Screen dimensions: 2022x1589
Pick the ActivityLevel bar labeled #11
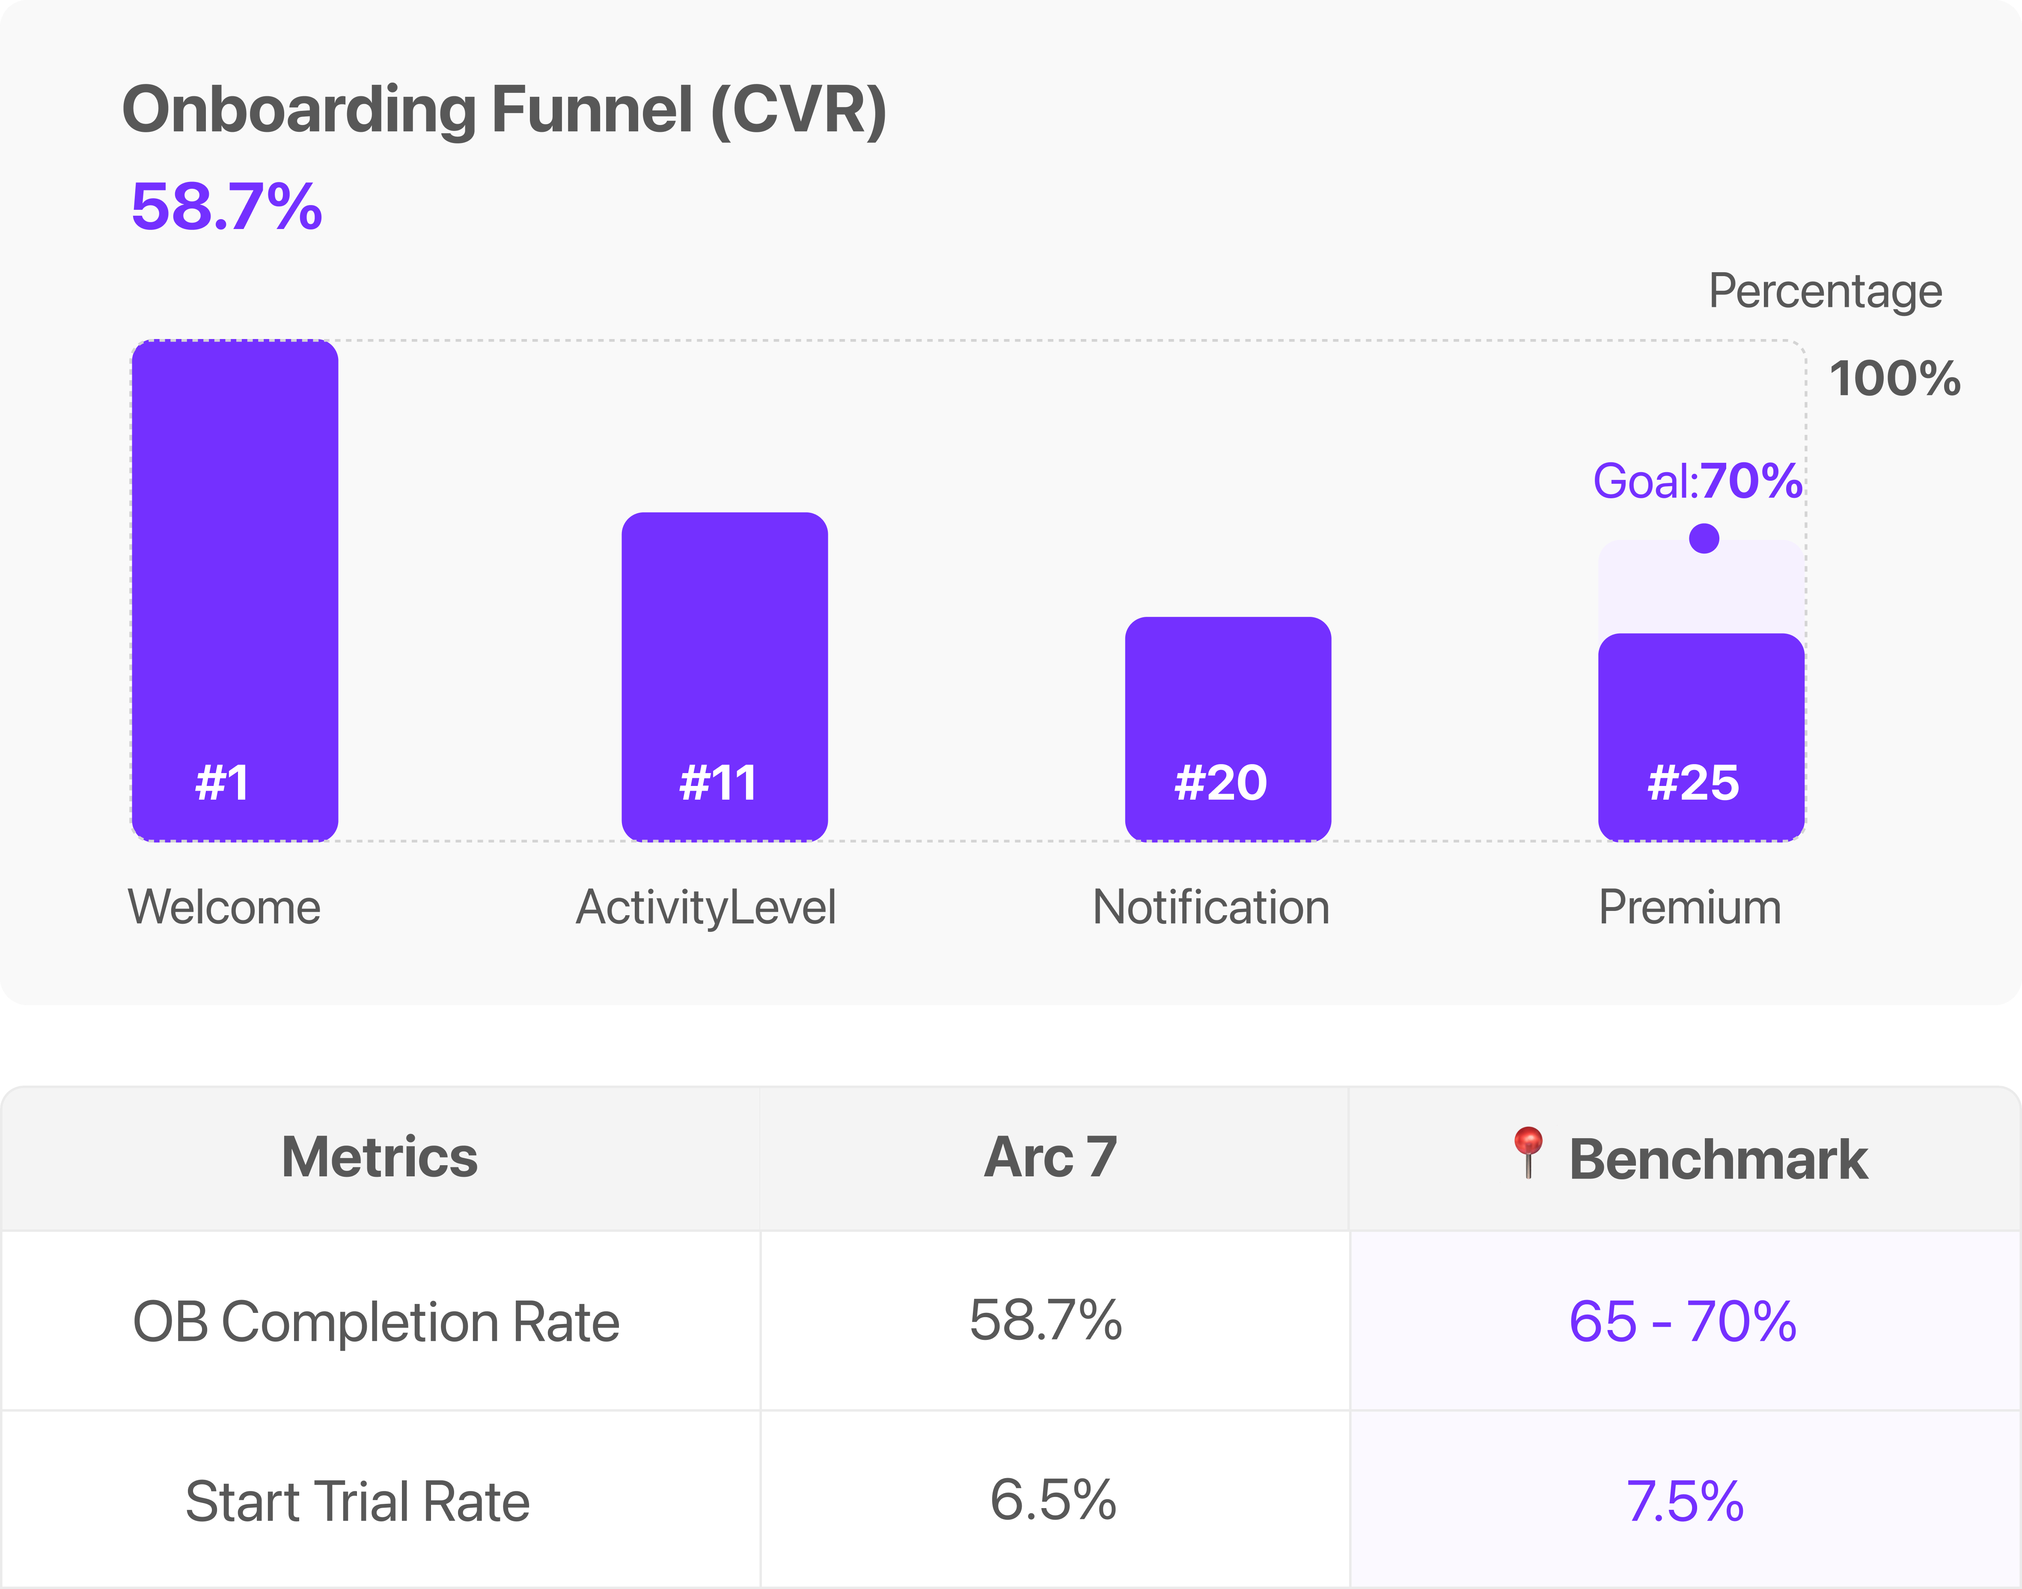point(725,676)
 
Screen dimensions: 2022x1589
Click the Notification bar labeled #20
point(1228,729)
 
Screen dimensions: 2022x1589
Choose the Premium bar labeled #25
point(1701,737)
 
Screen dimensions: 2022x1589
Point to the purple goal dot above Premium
point(1704,538)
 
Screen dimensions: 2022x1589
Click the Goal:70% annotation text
point(1698,481)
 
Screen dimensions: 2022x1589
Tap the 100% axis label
point(1894,379)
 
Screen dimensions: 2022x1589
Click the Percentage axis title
point(1825,292)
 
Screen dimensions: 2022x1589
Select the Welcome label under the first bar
point(224,907)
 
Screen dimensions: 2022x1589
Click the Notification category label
point(1211,907)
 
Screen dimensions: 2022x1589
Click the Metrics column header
point(380,1158)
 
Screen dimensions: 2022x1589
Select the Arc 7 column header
point(1050,1158)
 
